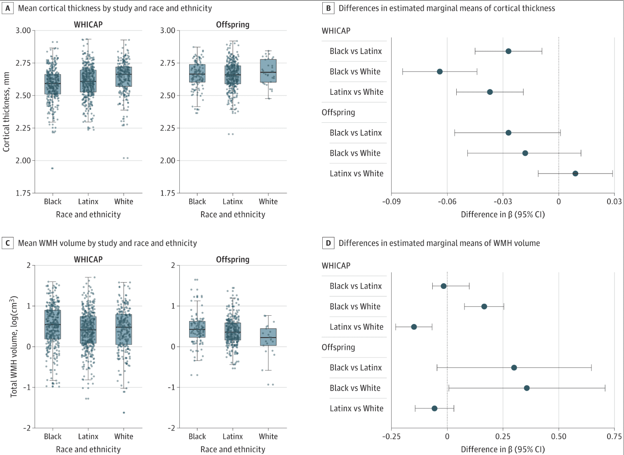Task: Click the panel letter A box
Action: [7, 8]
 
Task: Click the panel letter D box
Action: [328, 243]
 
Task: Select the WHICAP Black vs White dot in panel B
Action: [440, 72]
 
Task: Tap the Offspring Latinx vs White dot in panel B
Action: [575, 174]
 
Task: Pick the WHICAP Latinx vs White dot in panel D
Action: [414, 327]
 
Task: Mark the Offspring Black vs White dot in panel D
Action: [527, 388]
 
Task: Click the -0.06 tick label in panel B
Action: [447, 202]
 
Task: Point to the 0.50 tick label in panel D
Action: [558, 436]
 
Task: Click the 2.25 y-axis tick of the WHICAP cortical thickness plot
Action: [23, 128]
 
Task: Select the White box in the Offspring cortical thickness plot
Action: [268, 71]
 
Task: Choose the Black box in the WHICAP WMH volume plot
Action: [53, 324]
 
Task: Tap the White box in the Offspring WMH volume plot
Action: [268, 337]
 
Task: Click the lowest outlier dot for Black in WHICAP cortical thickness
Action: [52, 168]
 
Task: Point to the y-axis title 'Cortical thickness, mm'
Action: [6, 112]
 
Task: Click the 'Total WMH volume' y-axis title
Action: [14, 346]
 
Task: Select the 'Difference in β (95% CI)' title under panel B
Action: [502, 214]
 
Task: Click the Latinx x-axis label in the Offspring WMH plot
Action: [232, 436]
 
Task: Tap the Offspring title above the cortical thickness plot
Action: [232, 25]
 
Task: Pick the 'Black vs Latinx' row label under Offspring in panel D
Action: [356, 368]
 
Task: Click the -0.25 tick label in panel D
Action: [391, 436]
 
